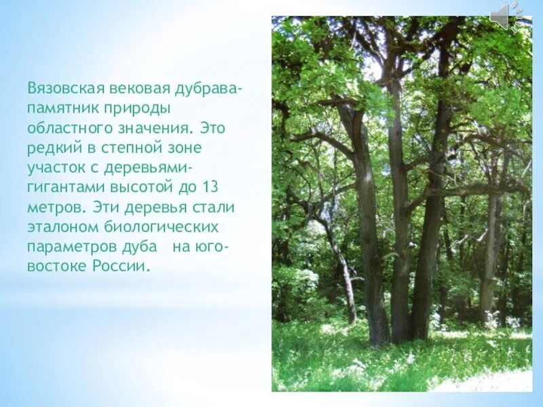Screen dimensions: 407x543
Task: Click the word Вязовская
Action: pos(64,89)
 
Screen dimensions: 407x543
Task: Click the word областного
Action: pos(69,128)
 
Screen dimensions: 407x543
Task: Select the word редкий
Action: pos(54,147)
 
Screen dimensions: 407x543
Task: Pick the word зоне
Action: pos(185,147)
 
